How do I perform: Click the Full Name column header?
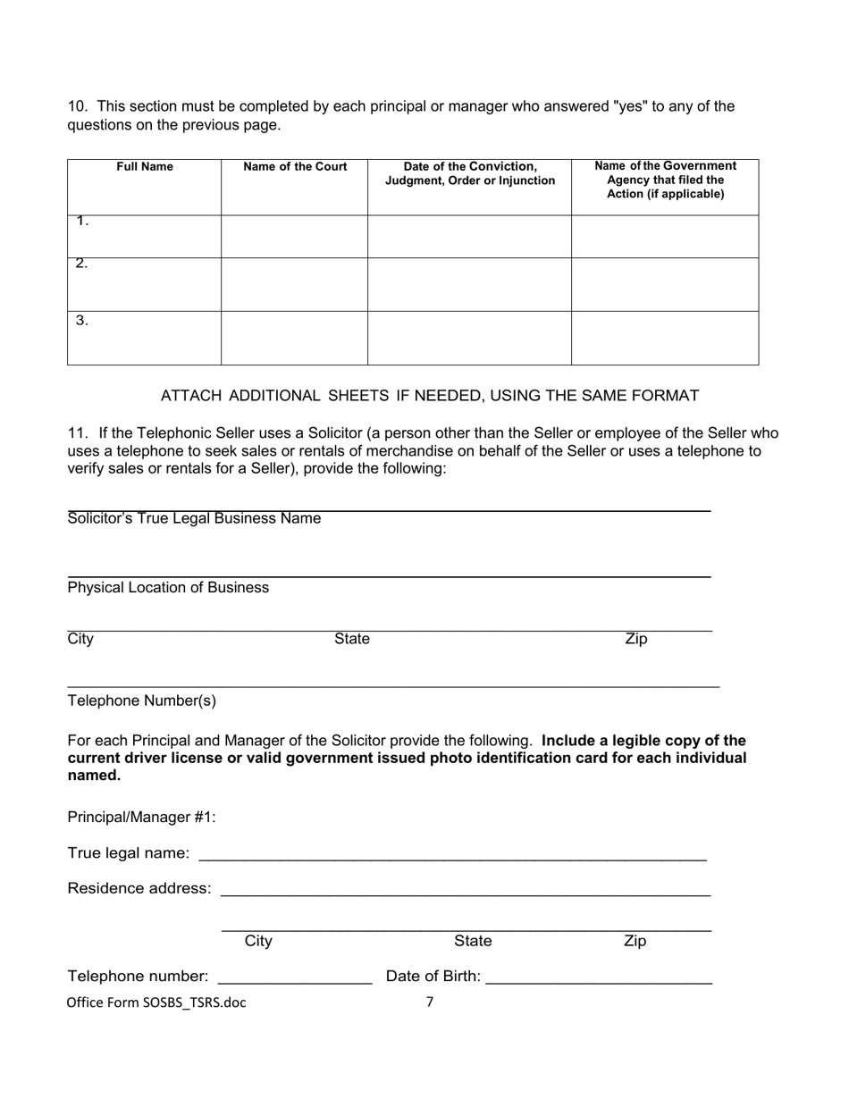pyautogui.click(x=145, y=167)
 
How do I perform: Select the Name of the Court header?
pyautogui.click(x=295, y=167)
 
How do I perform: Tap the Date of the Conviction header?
pyautogui.click(x=470, y=173)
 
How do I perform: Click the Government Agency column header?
pyautogui.click(x=665, y=180)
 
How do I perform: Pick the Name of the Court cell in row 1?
pyautogui.click(x=294, y=237)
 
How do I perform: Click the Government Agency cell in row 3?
pyautogui.click(x=665, y=338)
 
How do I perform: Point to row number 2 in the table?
pyautogui.click(x=81, y=264)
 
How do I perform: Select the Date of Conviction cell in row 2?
pyautogui.click(x=470, y=284)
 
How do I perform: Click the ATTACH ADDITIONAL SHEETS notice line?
pyautogui.click(x=429, y=396)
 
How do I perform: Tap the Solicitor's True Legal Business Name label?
pyautogui.click(x=194, y=519)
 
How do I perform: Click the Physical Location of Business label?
pyautogui.click(x=168, y=588)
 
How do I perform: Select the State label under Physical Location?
pyautogui.click(x=351, y=640)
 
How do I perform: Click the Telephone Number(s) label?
pyautogui.click(x=141, y=701)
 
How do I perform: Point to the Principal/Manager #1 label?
pyautogui.click(x=141, y=818)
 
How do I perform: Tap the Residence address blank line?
pyautogui.click(x=465, y=891)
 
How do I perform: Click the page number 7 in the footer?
pyautogui.click(x=429, y=1002)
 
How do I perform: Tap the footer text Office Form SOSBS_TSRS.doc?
pyautogui.click(x=156, y=1003)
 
